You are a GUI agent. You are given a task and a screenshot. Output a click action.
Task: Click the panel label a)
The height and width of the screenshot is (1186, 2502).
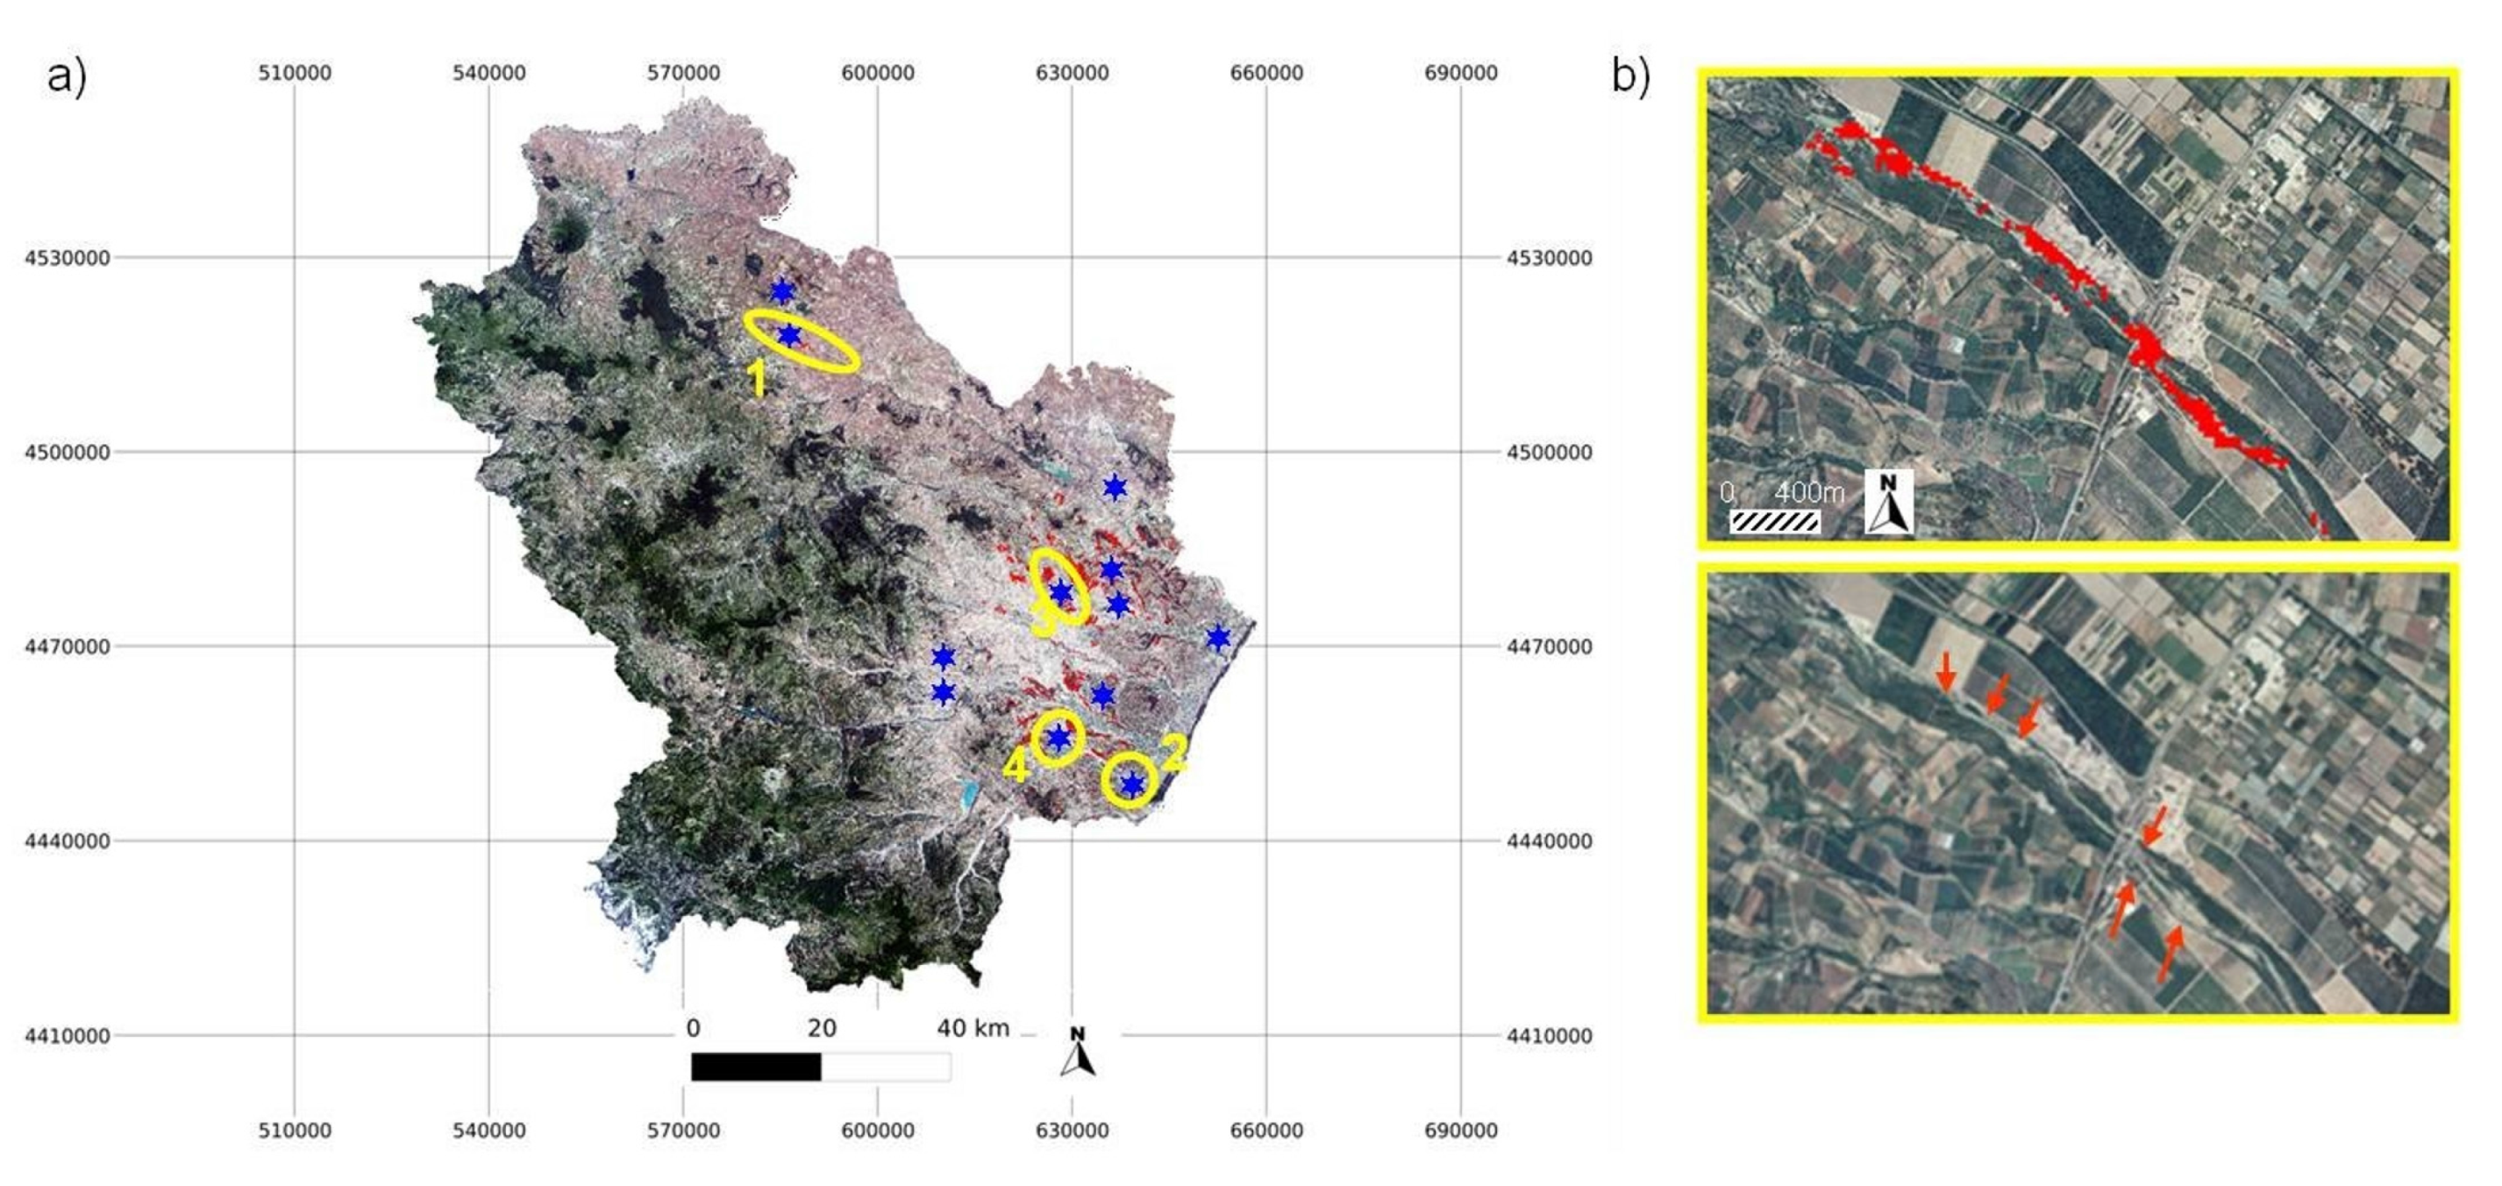(66, 75)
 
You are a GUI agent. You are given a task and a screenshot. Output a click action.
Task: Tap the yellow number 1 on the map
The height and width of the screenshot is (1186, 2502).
(758, 378)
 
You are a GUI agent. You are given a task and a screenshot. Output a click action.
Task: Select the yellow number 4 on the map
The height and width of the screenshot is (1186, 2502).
(1015, 767)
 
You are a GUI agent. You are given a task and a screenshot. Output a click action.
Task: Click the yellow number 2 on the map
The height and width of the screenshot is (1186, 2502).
(1173, 753)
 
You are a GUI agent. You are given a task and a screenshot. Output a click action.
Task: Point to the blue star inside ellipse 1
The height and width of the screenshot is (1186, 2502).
(789, 336)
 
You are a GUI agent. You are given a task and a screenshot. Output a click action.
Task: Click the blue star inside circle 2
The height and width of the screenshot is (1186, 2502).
(1132, 784)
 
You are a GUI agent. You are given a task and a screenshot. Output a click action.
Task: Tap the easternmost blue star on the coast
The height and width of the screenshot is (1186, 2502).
(1218, 638)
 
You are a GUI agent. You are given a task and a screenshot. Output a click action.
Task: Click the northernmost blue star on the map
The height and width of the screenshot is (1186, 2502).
(782, 291)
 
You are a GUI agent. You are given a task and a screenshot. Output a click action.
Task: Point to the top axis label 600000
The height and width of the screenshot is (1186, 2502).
(877, 73)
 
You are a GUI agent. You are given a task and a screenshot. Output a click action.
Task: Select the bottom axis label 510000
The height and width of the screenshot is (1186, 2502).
(295, 1130)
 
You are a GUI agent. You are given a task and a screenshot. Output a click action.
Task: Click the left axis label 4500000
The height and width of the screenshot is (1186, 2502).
(67, 452)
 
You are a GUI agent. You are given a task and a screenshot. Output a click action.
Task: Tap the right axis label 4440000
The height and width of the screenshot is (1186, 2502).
(1550, 841)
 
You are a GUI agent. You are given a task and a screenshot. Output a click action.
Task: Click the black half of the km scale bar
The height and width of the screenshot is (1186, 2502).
(756, 1067)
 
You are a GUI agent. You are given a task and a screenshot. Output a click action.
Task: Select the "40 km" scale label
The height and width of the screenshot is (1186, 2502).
(973, 1028)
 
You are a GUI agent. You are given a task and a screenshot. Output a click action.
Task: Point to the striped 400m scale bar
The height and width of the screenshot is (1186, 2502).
(1774, 522)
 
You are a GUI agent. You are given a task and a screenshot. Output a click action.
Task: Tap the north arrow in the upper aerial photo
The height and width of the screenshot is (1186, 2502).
(1888, 502)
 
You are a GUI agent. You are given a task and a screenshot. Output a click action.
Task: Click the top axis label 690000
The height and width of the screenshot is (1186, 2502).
(1460, 73)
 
